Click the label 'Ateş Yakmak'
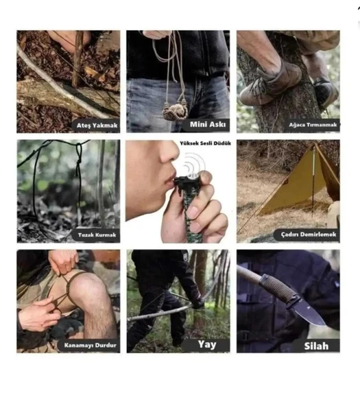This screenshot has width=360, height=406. (97, 126)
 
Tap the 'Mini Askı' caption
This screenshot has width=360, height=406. (208, 125)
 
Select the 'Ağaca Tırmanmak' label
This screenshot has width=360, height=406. (313, 125)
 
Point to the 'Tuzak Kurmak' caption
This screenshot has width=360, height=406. (97, 235)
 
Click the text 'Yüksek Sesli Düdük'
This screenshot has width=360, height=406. (205, 143)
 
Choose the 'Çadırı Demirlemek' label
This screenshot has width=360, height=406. (309, 235)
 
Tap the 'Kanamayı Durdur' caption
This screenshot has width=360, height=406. (90, 345)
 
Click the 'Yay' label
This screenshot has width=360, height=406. (207, 345)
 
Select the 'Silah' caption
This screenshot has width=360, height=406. (316, 346)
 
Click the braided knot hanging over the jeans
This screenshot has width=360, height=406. (175, 111)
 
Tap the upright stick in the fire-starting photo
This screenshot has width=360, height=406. (77, 59)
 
